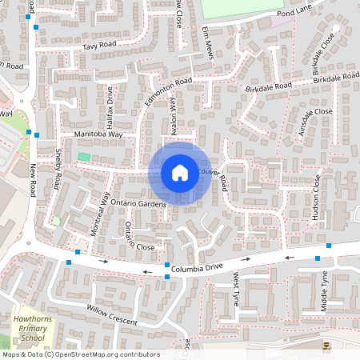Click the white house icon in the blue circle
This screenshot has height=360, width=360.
(180, 173)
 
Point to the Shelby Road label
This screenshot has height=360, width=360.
(58, 168)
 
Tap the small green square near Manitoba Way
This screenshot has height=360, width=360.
(84, 157)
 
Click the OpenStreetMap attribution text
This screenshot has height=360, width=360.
(80, 354)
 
